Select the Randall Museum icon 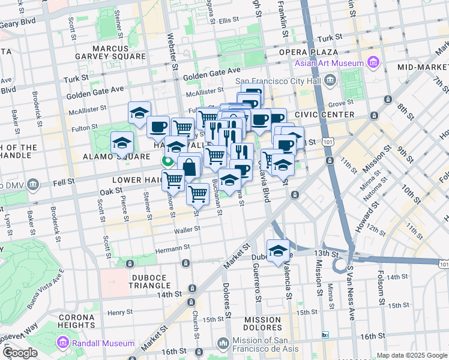coord(63,343)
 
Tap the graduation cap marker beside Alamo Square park coord(122,143)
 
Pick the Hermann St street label coord(173,247)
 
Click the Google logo coord(20,352)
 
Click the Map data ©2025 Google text coord(411,355)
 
